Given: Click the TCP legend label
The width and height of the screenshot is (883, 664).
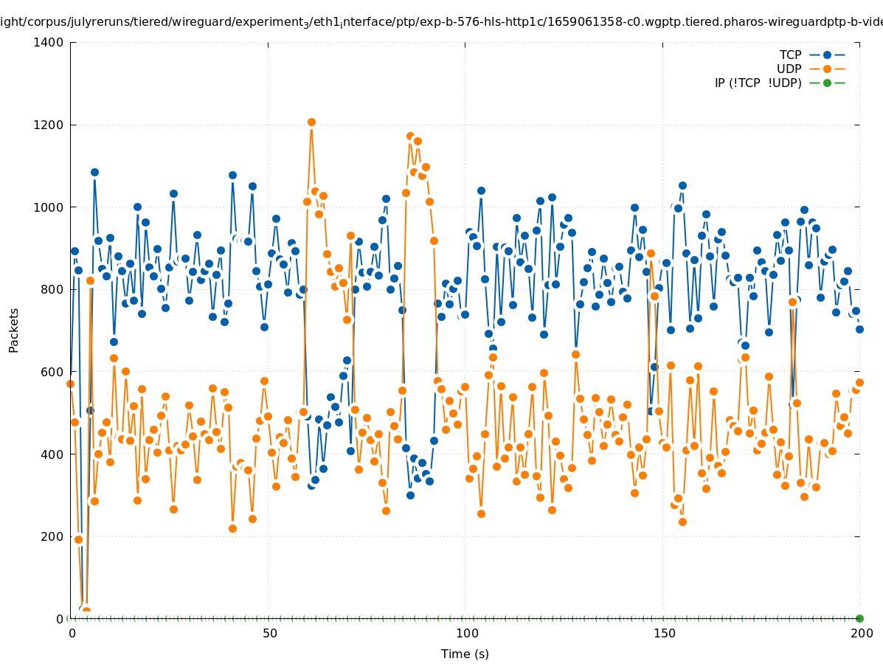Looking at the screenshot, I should pyautogui.click(x=790, y=55).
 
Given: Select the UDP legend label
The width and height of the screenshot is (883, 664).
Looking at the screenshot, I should pyautogui.click(x=789, y=69).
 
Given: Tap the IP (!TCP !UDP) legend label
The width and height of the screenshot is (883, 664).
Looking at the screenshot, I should pyautogui.click(x=758, y=83).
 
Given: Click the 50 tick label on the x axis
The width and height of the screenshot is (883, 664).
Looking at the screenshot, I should pyautogui.click(x=270, y=633).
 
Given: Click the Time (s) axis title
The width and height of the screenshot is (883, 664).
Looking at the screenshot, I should pyautogui.click(x=465, y=654).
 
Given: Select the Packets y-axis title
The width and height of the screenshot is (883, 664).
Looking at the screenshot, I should pyautogui.click(x=14, y=330).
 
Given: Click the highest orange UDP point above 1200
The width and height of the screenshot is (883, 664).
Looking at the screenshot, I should pyautogui.click(x=311, y=122).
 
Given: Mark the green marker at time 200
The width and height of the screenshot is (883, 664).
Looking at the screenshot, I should pyautogui.click(x=859, y=618).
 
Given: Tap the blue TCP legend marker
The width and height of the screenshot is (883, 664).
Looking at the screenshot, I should pyautogui.click(x=827, y=55).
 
